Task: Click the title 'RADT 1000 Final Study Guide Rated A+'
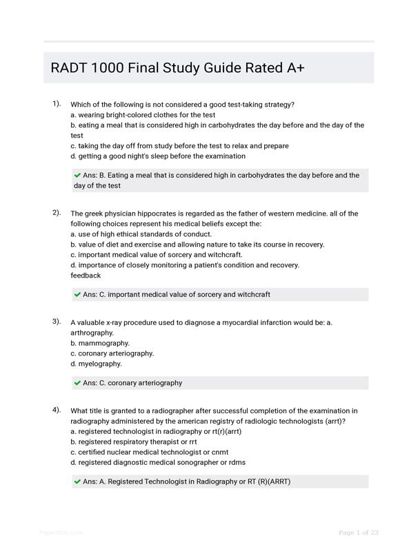pyautogui.click(x=178, y=68)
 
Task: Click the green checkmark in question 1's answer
pyautogui.click(x=77, y=176)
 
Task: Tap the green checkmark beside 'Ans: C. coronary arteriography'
pyautogui.click(x=77, y=383)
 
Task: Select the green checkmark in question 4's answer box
pyautogui.click(x=77, y=482)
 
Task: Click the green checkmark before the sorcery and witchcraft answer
pyautogui.click(x=77, y=295)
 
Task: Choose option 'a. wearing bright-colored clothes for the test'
pyautogui.click(x=143, y=115)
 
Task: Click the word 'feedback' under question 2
pyautogui.click(x=86, y=275)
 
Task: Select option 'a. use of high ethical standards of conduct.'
pyautogui.click(x=141, y=234)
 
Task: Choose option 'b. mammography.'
pyautogui.click(x=100, y=343)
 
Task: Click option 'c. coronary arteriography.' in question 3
pyautogui.click(x=112, y=353)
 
